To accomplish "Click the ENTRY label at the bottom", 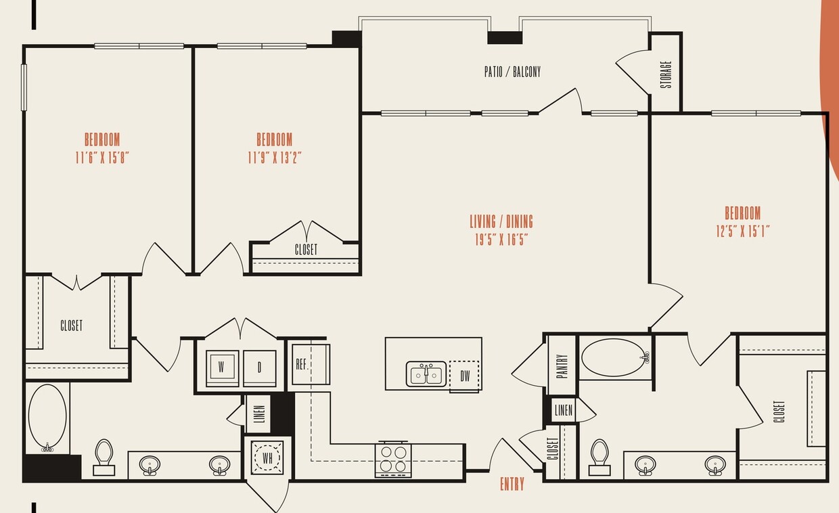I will [x=512, y=484].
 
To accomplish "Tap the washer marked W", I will [x=222, y=368].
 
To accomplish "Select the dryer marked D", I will [x=260, y=368].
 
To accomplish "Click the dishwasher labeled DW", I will [x=464, y=376].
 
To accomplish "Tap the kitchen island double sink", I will [x=426, y=374].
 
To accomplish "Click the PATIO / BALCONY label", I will [x=512, y=72].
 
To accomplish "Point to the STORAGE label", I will [x=666, y=75].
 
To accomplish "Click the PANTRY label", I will [x=563, y=366].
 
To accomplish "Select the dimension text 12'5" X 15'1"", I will [x=743, y=231].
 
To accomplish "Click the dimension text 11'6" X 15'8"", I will [x=101, y=158].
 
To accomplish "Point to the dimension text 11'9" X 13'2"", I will [x=274, y=158].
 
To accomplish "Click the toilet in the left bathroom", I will [x=104, y=457].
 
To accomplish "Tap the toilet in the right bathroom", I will [x=599, y=458].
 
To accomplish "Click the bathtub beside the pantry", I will [x=614, y=358].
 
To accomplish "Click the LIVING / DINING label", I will [x=501, y=221].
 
